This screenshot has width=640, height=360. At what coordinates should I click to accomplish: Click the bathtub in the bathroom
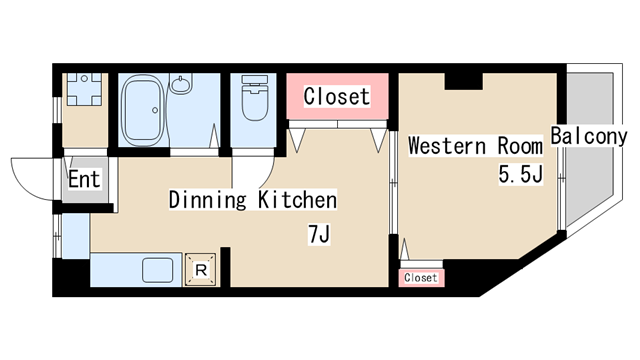tap(142, 110)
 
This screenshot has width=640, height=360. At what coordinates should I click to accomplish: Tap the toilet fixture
tap(254, 97)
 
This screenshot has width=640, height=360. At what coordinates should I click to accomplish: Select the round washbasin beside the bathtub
tap(180, 84)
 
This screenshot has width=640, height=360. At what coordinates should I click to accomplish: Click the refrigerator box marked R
tap(200, 269)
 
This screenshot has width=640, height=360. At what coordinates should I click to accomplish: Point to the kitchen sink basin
tap(158, 271)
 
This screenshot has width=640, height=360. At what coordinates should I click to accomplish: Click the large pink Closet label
tap(337, 96)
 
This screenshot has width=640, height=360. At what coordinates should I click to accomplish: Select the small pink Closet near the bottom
tap(421, 278)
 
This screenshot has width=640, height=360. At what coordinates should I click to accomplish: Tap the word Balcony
tap(589, 136)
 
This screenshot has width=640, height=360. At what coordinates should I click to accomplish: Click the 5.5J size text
tap(520, 175)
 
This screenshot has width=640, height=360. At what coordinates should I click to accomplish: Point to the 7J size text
tap(319, 234)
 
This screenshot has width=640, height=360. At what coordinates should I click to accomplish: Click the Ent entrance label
tap(84, 179)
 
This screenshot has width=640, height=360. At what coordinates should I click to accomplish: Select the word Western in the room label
tap(447, 146)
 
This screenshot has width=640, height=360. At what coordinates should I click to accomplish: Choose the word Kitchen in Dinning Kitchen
tap(298, 200)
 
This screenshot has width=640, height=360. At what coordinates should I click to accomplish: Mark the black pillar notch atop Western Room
tap(463, 81)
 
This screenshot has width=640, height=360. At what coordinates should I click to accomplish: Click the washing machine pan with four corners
tap(84, 89)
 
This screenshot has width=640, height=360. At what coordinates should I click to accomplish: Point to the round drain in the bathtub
tap(155, 110)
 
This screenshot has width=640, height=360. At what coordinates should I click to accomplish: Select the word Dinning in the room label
tap(208, 200)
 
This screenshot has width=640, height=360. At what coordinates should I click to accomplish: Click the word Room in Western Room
tap(520, 146)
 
